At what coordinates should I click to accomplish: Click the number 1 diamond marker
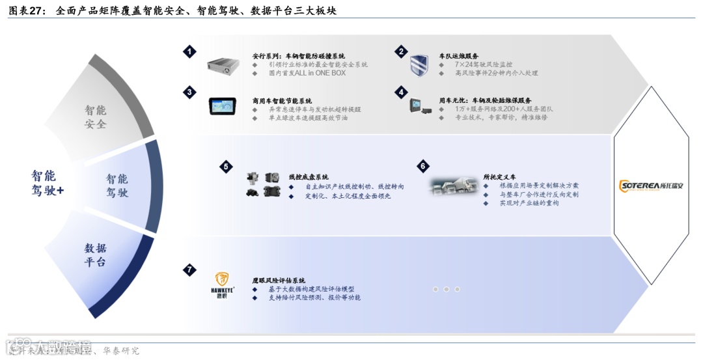(189, 51)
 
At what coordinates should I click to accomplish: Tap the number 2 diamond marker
(402, 51)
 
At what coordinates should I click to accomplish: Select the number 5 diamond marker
(226, 167)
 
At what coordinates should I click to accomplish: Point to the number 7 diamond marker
(189, 270)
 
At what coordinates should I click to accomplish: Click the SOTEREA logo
(651, 186)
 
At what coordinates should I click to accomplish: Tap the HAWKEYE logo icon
(224, 284)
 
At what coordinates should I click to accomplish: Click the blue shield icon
(419, 65)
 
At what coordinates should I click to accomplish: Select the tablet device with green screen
(226, 105)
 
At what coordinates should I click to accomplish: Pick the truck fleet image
(454, 187)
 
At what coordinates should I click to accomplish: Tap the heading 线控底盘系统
(308, 177)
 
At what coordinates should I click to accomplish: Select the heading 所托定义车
(499, 177)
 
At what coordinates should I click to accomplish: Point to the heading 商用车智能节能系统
(282, 101)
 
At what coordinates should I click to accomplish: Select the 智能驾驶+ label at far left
(48, 183)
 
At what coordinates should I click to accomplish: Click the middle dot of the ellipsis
(447, 289)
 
